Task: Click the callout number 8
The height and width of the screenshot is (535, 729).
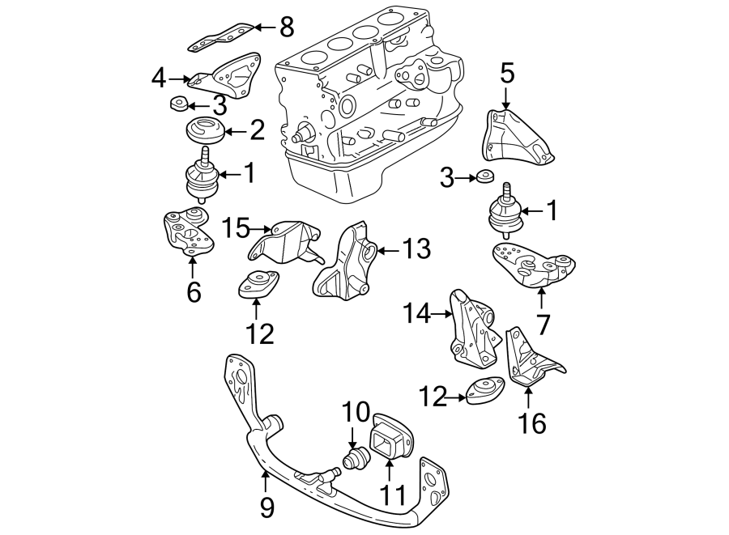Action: tap(286, 28)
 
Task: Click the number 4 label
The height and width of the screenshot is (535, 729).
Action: tap(159, 79)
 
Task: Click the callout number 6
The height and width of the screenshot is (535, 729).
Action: tap(193, 291)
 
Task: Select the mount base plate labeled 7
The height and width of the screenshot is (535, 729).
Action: tap(532, 262)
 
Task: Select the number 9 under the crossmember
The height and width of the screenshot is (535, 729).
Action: tap(266, 507)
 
